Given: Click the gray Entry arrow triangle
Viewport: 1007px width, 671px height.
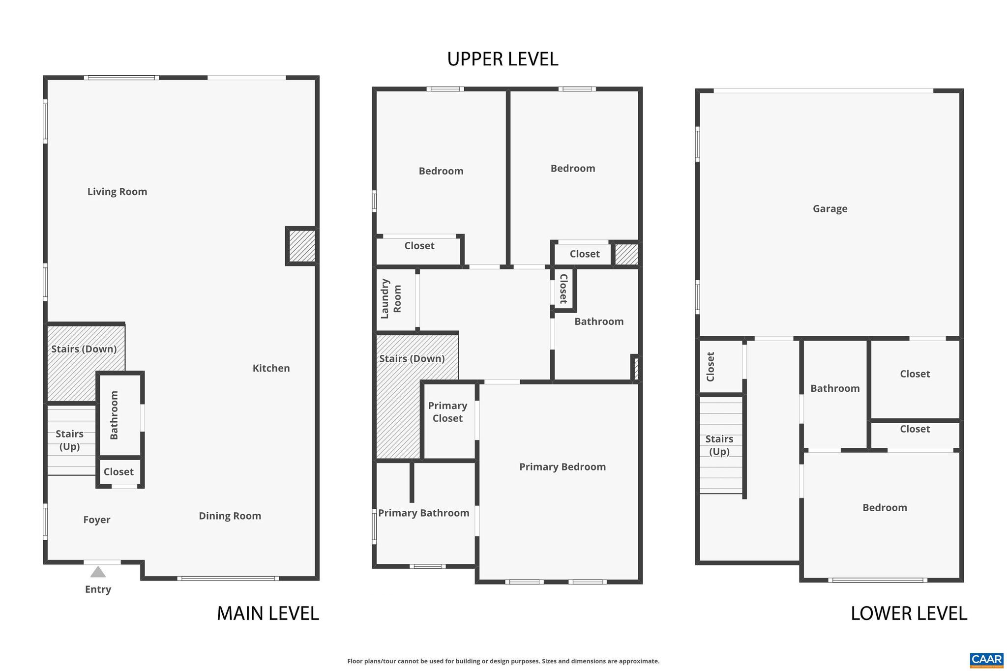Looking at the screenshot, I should pyautogui.click(x=98, y=572).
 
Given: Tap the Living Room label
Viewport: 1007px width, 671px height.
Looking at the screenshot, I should pyautogui.click(x=117, y=192).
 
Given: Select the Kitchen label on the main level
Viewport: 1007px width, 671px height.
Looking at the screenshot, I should pyautogui.click(x=271, y=368).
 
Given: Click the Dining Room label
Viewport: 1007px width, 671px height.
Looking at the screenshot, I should pyautogui.click(x=230, y=516).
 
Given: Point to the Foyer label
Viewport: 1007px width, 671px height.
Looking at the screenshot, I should pyautogui.click(x=96, y=520).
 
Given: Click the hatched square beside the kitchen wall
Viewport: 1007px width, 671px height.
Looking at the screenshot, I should pyautogui.click(x=301, y=246).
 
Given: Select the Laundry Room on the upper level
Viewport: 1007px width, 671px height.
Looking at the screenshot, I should pyautogui.click(x=391, y=298).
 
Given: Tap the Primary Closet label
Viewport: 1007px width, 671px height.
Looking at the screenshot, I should pyautogui.click(x=447, y=412).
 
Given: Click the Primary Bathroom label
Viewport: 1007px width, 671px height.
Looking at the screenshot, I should pyautogui.click(x=423, y=513).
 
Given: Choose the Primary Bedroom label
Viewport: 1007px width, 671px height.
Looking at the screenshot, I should pyautogui.click(x=562, y=467).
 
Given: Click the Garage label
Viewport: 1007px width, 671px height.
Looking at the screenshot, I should pyautogui.click(x=829, y=209).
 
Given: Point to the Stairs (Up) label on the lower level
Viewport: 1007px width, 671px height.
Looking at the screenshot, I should pyautogui.click(x=719, y=445).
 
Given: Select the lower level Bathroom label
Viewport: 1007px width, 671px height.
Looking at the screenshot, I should pyautogui.click(x=835, y=389).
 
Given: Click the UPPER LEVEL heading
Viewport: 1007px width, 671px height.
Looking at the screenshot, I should pyautogui.click(x=502, y=59).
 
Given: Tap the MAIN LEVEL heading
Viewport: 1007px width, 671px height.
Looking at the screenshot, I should pyautogui.click(x=267, y=613).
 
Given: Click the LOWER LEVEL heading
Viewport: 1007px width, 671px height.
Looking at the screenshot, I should pyautogui.click(x=909, y=613).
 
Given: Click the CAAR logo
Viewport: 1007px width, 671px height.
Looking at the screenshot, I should pyautogui.click(x=986, y=660).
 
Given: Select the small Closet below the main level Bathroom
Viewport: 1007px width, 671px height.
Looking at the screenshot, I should pyautogui.click(x=118, y=472).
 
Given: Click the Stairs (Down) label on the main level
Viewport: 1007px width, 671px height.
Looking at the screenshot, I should pyautogui.click(x=84, y=349).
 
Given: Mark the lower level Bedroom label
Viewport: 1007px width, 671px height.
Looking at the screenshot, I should pyautogui.click(x=885, y=508).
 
